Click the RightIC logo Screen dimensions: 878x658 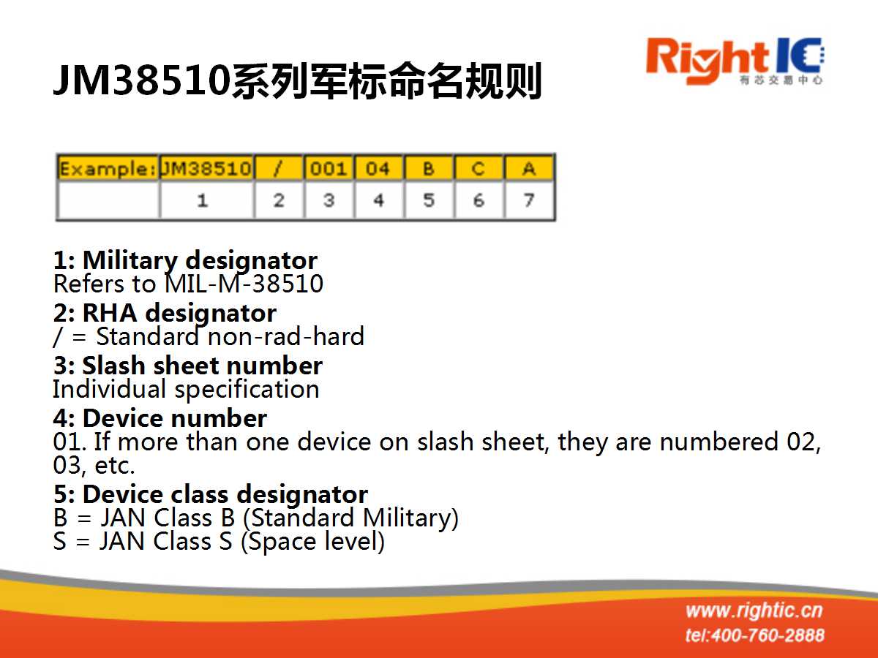tap(735, 61)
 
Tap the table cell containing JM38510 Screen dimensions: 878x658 tap(206, 168)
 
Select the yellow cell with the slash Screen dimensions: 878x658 tap(279, 168)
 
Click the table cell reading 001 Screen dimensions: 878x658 tap(329, 168)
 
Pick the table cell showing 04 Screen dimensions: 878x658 tap(379, 168)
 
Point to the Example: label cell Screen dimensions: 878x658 tap(108, 168)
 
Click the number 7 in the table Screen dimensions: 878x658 tap(529, 200)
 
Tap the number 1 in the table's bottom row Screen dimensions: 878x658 tap(203, 200)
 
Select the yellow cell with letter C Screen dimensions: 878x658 tap(479, 168)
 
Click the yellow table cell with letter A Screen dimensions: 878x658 tap(529, 168)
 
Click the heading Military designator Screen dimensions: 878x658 tap(200, 261)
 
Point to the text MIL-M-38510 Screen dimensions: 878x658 tap(244, 284)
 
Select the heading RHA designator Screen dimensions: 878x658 tap(179, 313)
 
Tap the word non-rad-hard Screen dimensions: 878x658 tap(286, 336)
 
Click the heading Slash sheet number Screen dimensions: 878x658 tap(203, 366)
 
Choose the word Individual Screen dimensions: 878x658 tap(109, 389)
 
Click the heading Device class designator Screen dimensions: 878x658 tap(225, 495)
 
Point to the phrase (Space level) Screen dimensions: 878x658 tap(313, 542)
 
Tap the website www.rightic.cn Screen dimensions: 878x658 tap(754, 611)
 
